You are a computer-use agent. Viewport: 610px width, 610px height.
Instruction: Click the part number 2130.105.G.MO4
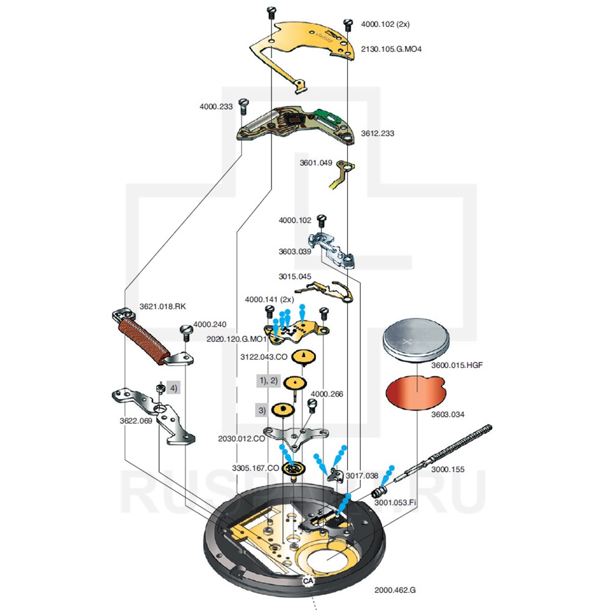pos(391,49)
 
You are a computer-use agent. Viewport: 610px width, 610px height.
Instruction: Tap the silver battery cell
pos(416,339)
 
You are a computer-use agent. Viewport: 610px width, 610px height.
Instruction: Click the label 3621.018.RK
pos(162,306)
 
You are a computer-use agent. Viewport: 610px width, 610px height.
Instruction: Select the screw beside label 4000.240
pos(187,333)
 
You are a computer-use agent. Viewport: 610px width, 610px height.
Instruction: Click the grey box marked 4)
pos(174,387)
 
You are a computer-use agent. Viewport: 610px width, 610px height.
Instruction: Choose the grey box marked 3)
pos(262,410)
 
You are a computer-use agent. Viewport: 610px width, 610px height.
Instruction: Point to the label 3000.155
pos(448,470)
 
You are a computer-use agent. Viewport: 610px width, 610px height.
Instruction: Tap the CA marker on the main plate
pos(308,581)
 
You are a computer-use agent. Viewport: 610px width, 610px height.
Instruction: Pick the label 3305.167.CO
pos(255,468)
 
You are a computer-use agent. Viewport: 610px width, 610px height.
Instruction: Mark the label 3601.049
pos(316,163)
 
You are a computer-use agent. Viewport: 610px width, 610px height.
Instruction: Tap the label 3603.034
pos(447,414)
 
